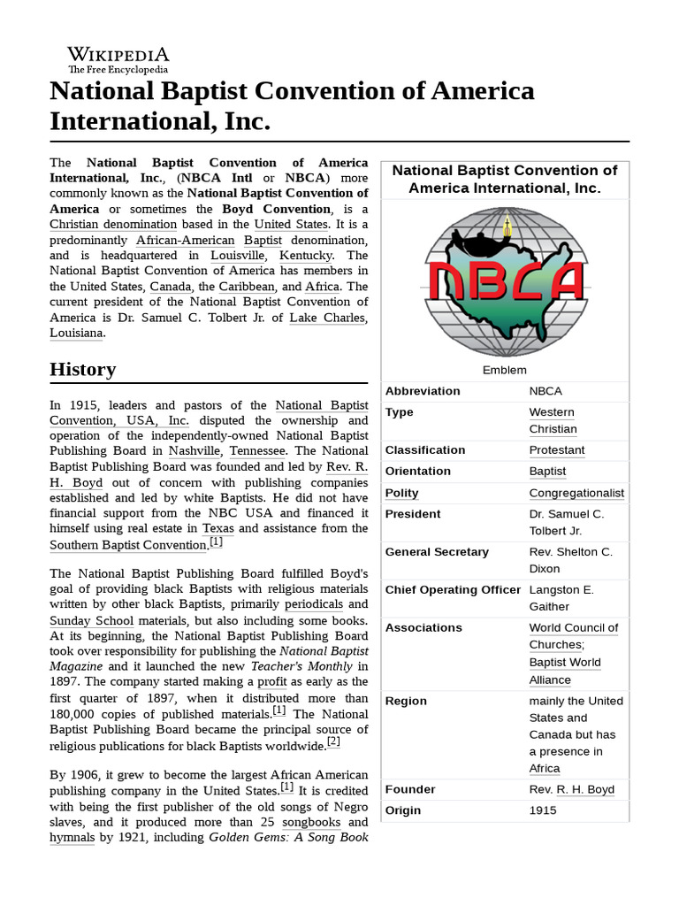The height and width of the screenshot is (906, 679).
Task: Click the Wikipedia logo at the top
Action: [118, 59]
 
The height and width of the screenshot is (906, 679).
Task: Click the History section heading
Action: [82, 369]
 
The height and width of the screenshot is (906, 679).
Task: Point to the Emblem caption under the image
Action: [505, 370]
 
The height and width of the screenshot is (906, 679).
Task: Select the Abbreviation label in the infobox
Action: [423, 391]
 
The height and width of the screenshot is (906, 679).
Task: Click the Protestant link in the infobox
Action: [556, 450]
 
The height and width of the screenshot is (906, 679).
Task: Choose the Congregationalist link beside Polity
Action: [576, 493]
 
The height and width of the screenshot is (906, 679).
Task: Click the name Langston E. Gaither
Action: [561, 598]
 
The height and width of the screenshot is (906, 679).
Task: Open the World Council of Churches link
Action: [573, 636]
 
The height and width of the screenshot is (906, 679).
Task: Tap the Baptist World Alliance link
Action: [563, 671]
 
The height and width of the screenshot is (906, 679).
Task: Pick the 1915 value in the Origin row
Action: [544, 810]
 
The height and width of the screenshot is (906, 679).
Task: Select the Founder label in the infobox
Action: [410, 789]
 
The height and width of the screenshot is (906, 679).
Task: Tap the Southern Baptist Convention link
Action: [127, 545]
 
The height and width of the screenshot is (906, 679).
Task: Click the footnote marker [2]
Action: [333, 741]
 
